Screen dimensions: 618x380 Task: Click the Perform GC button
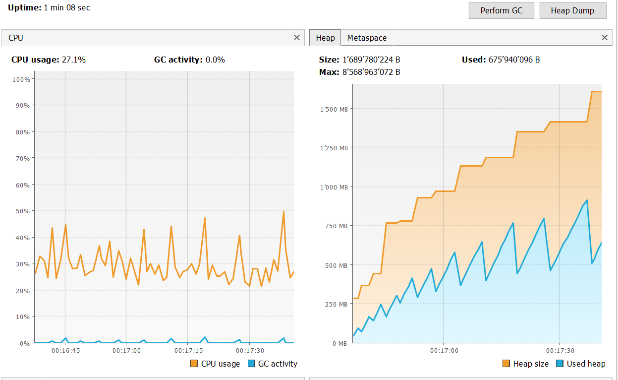click(502, 11)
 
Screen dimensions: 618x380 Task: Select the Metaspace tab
click(367, 38)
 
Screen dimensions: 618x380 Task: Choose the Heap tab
click(325, 38)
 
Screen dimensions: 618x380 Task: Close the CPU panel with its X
click(296, 38)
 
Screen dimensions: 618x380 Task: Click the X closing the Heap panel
click(604, 38)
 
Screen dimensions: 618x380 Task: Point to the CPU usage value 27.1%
click(74, 60)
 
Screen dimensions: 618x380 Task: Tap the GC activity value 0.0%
click(215, 60)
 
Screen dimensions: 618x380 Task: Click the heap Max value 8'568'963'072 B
click(371, 72)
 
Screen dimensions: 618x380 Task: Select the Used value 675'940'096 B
click(514, 60)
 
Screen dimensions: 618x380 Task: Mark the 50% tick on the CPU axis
click(23, 211)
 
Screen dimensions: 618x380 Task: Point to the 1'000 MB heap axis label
click(334, 187)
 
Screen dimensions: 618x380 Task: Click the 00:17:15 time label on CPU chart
click(188, 350)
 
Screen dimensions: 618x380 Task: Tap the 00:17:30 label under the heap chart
click(560, 350)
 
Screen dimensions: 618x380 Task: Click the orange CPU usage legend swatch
click(194, 364)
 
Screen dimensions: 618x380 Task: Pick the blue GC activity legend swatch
click(251, 364)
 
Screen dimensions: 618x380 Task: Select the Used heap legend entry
click(581, 364)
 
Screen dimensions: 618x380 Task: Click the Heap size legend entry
click(526, 364)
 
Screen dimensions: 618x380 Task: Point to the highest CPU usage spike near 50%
click(283, 212)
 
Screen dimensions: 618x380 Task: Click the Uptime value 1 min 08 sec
click(67, 8)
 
